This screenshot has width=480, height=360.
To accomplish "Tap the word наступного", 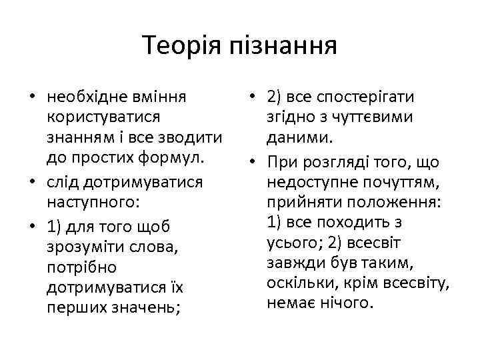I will click(91, 201).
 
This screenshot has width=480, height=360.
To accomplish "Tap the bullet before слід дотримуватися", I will click(31, 181).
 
